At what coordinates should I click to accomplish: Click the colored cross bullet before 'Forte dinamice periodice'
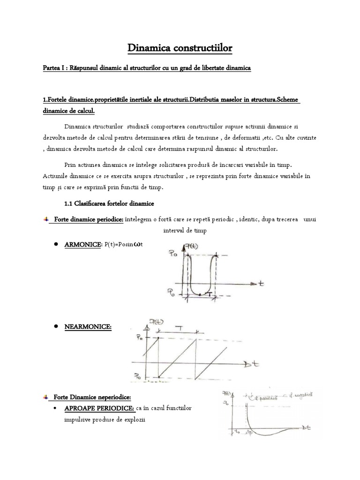45,219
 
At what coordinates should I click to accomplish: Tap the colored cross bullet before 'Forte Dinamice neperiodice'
45,397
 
